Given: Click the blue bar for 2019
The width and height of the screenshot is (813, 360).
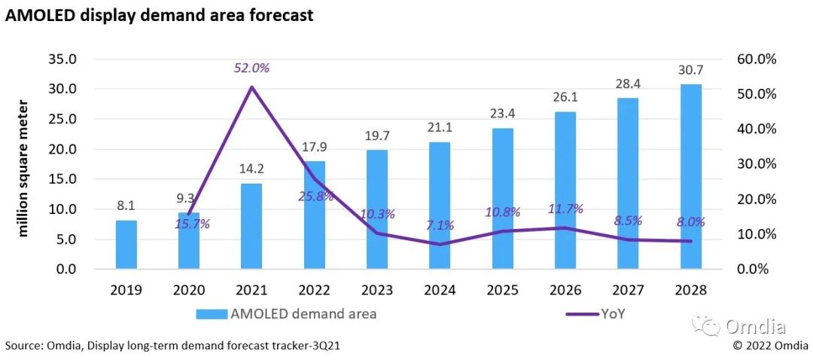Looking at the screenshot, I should (x=126, y=244).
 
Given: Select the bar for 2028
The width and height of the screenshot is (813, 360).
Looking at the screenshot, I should (x=690, y=176).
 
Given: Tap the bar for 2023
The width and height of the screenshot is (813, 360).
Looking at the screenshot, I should (x=377, y=209).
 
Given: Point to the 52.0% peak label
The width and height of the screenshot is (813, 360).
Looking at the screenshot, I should (x=251, y=68).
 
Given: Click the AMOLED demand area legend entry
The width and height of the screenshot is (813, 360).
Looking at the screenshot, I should (x=286, y=314).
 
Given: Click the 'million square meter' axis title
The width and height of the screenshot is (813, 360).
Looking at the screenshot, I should (x=23, y=166).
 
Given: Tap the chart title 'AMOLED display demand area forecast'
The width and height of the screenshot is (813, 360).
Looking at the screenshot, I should (x=159, y=15).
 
